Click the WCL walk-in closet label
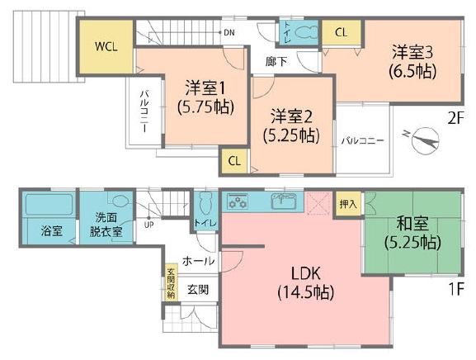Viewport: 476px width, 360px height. pos(106,47)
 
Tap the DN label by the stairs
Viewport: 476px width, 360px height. pos(229,32)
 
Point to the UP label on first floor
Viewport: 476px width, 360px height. pos(148,225)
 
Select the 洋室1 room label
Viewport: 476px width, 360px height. pos(205,88)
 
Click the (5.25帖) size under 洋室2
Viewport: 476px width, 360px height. pos(291,135)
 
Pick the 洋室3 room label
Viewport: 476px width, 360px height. pos(412,52)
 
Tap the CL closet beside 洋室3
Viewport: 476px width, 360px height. pos(342,32)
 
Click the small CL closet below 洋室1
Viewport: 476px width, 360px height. pos(234,161)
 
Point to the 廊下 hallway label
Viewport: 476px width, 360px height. pos(276,62)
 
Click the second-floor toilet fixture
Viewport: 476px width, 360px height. pos(305,32)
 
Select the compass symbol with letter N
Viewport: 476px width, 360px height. pos(423,140)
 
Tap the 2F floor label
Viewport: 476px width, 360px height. pos(456,119)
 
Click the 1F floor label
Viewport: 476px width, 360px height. pos(456,289)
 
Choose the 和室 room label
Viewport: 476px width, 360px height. pos(412,223)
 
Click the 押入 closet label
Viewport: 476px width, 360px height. pos(348,204)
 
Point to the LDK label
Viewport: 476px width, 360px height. pos(306,273)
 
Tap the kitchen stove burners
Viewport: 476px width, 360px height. pos(238,201)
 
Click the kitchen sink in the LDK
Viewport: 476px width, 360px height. pos(284,201)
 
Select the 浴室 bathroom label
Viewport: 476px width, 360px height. pos(52,231)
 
